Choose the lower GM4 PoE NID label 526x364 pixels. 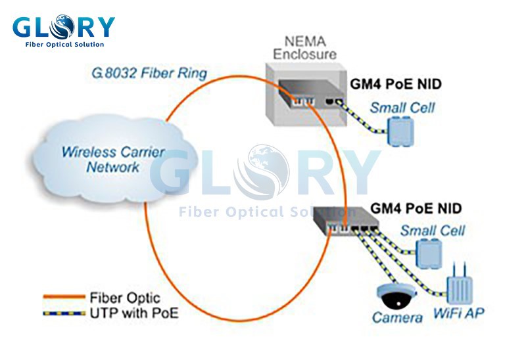pos(416,208)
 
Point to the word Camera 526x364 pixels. pos(397,318)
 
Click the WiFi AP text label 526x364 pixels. pos(458,314)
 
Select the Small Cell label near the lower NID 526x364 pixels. pos(432,230)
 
